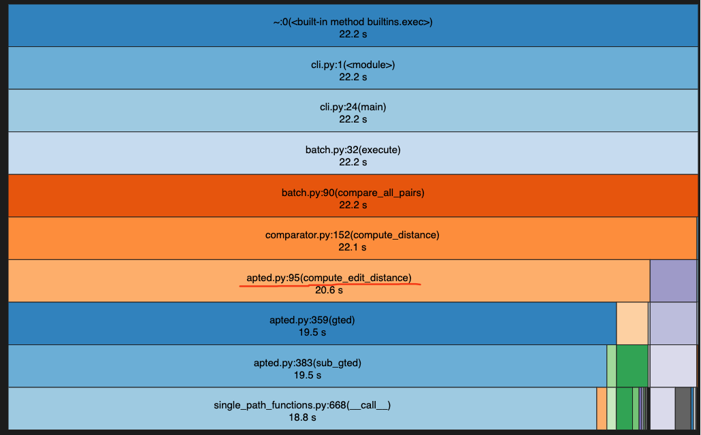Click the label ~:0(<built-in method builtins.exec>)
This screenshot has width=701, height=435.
pos(352,22)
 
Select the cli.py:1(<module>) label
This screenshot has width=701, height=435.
pos(353,65)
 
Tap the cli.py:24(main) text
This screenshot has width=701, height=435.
pos(353,107)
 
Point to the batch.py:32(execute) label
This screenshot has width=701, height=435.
pos(353,150)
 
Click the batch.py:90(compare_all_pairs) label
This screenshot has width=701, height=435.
pos(353,193)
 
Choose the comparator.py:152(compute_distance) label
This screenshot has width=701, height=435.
pos(352,235)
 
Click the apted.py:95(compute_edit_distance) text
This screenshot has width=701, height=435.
pos(329,278)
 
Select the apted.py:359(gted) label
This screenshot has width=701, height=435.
pos(312,320)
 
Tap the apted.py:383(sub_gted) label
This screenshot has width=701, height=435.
pos(307,363)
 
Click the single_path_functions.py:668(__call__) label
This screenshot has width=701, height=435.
pos(302,405)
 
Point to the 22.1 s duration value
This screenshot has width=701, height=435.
pos(353,247)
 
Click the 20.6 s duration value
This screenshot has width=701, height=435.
pos(329,290)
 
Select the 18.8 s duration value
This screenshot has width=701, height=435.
pos(302,417)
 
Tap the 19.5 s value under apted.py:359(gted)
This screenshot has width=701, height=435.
pos(312,332)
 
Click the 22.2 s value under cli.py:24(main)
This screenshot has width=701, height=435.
pos(353,119)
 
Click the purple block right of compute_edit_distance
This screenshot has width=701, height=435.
pos(673,280)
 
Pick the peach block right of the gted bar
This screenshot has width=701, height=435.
pos(632,323)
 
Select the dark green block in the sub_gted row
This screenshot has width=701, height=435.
pos(632,366)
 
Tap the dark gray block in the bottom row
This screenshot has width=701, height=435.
pos(683,408)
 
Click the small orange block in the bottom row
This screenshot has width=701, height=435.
pos(602,408)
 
